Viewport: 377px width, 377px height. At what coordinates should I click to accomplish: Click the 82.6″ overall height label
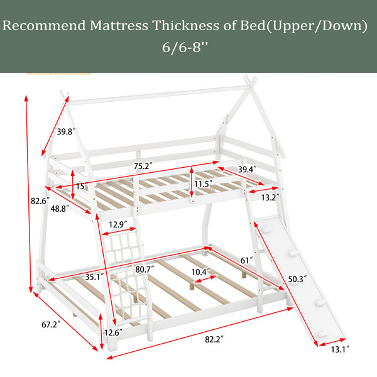(x=40, y=201)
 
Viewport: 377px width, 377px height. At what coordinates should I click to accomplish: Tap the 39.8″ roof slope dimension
(x=66, y=132)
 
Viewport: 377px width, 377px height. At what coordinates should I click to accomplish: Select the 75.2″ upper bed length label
(x=143, y=166)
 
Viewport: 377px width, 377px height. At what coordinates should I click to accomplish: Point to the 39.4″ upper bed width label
(x=248, y=169)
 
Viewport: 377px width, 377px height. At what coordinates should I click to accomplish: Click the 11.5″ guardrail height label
(x=203, y=184)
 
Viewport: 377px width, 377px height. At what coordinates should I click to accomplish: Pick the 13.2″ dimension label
(x=270, y=197)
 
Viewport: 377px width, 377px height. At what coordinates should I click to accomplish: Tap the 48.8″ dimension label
(x=60, y=209)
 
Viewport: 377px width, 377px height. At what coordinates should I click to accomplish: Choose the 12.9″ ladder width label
(x=118, y=224)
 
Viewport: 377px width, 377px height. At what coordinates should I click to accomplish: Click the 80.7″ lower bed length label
(x=145, y=270)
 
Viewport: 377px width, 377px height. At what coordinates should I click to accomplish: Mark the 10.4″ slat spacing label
(x=201, y=272)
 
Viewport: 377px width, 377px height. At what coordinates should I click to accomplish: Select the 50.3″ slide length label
(x=297, y=279)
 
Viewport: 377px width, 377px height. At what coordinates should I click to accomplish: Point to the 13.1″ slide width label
(x=340, y=349)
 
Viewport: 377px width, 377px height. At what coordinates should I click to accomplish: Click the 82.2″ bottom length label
(x=214, y=339)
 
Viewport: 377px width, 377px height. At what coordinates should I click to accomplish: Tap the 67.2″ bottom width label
(x=51, y=325)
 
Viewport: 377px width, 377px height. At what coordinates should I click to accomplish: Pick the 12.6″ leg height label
(x=113, y=333)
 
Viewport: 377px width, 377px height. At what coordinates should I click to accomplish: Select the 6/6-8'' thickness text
(x=185, y=47)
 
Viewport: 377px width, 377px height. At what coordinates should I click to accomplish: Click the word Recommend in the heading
(x=44, y=25)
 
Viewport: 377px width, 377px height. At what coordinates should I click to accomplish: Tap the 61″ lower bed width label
(x=246, y=260)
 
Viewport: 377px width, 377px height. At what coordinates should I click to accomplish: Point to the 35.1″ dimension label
(x=94, y=277)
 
